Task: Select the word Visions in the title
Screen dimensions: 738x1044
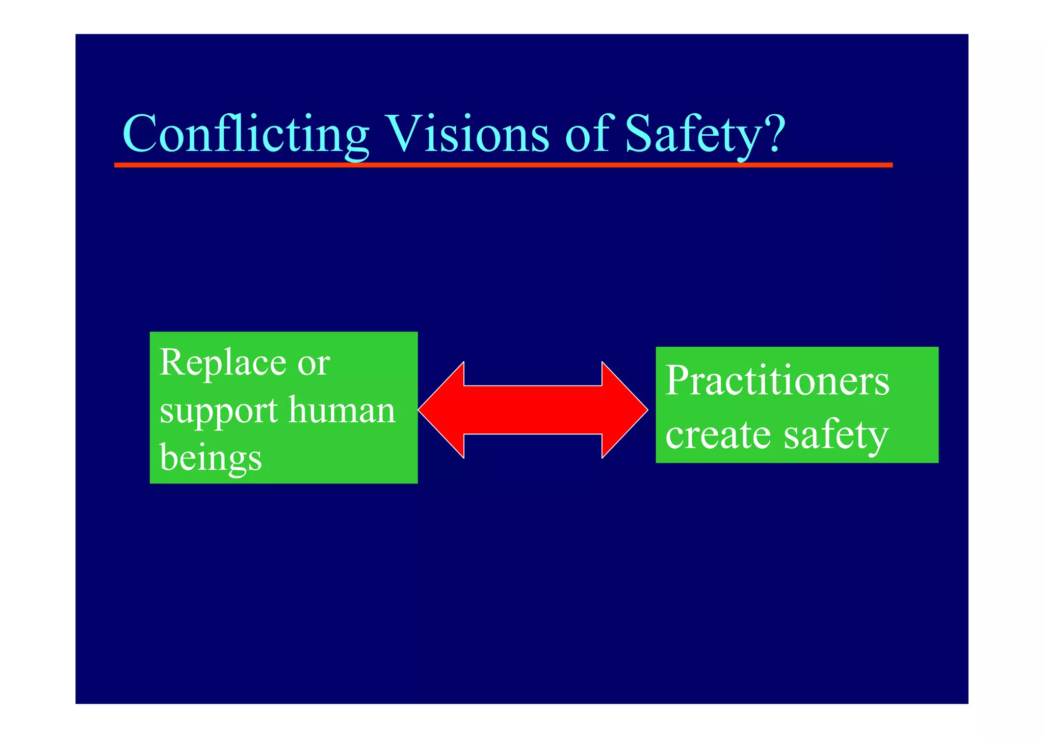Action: click(468, 134)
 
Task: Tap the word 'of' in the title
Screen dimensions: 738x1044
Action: click(587, 134)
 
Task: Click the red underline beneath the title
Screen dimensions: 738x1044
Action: click(503, 165)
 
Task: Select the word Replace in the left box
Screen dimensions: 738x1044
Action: click(223, 363)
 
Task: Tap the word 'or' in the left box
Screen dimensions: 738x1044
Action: click(314, 364)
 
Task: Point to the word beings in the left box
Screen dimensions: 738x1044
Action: click(211, 457)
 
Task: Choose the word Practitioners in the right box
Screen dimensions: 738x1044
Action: click(777, 381)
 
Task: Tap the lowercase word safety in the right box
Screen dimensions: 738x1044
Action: click(836, 436)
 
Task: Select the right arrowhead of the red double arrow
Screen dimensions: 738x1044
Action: click(624, 410)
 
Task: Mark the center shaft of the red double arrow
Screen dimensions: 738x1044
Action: click(533, 410)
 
